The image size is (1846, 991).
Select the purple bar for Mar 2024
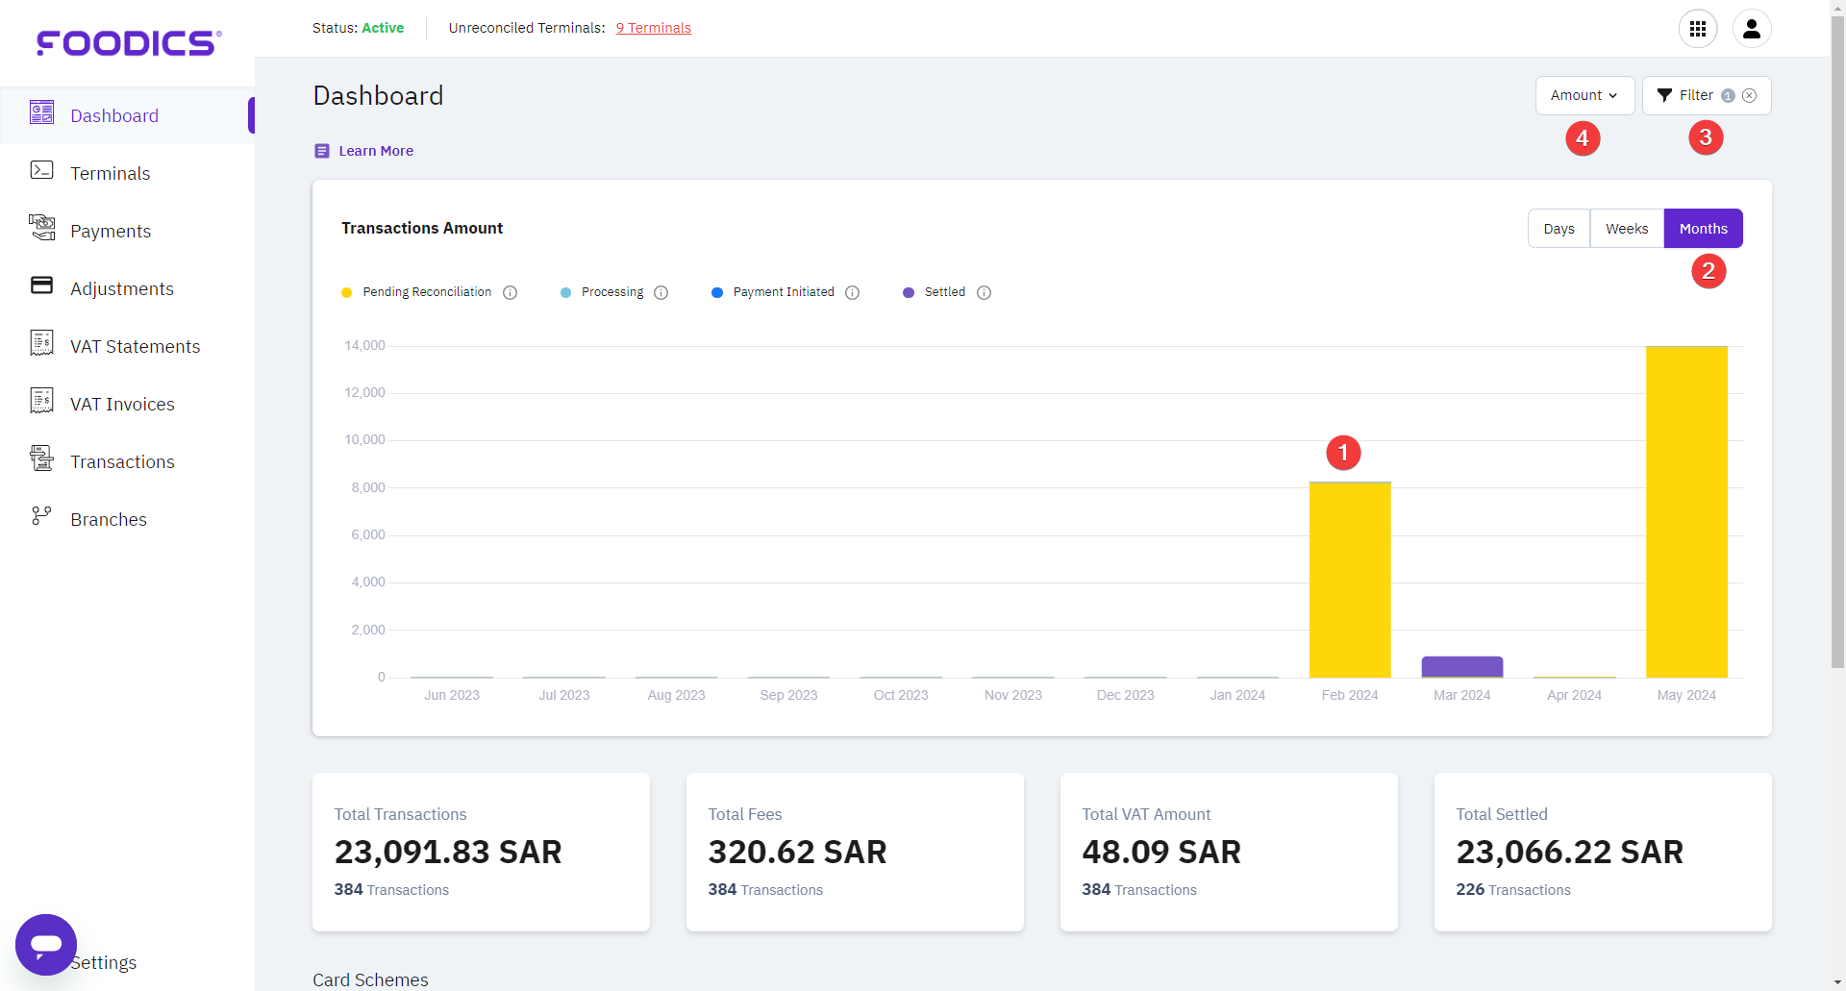tap(1461, 666)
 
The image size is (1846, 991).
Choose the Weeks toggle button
tap(1626, 229)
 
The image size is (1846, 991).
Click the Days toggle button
tap(1559, 229)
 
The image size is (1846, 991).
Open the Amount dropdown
tap(1584, 95)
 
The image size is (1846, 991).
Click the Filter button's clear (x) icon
tap(1750, 95)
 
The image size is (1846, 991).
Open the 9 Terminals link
tap(653, 28)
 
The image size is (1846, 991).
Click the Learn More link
tap(375, 151)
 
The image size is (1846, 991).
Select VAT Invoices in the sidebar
tap(122, 405)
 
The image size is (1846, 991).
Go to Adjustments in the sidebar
tap(121, 289)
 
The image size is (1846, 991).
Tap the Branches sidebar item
tap(108, 520)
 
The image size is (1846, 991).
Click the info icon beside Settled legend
tap(984, 293)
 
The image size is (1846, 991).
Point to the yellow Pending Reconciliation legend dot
tap(347, 293)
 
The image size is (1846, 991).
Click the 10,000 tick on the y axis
tap(364, 440)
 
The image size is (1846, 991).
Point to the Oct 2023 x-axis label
tap(900, 695)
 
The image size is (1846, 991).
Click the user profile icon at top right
tap(1751, 29)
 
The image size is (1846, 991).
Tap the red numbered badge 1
tap(1343, 453)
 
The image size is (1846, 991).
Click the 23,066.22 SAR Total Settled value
tap(1569, 853)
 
